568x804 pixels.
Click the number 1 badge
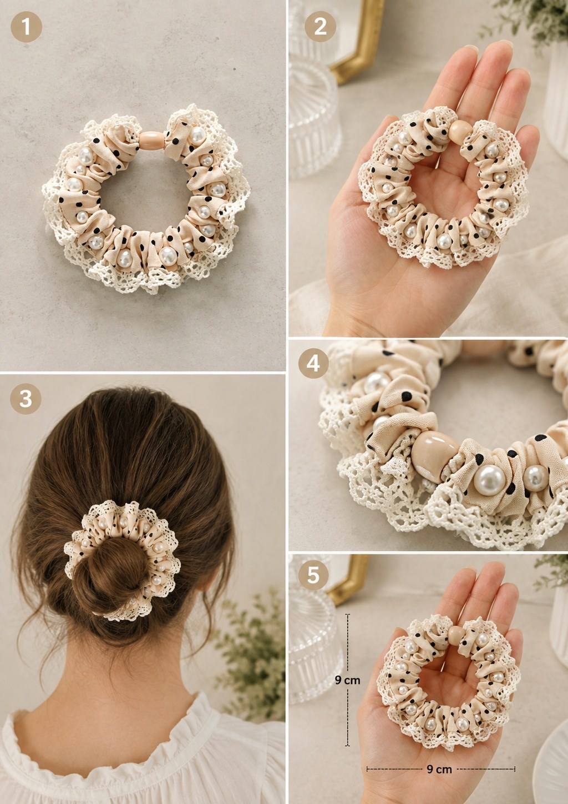point(26,26)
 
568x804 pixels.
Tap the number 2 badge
point(320,26)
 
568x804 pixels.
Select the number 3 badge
point(26,399)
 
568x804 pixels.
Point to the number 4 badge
point(313,363)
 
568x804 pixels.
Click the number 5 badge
point(313,575)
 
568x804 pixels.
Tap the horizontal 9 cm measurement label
point(439,769)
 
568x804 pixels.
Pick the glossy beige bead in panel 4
point(434,455)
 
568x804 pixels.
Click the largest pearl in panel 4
point(489,480)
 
